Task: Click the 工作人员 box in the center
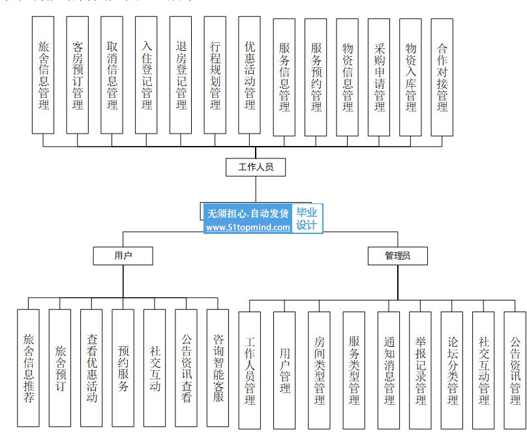256,168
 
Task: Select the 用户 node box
123,256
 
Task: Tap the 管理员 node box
397,256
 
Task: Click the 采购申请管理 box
380,77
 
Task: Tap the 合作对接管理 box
443,77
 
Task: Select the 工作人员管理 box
250,370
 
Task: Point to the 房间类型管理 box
319,370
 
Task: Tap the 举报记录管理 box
420,370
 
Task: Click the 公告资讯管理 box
515,370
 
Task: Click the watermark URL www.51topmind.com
248,227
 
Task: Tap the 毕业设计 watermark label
307,218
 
